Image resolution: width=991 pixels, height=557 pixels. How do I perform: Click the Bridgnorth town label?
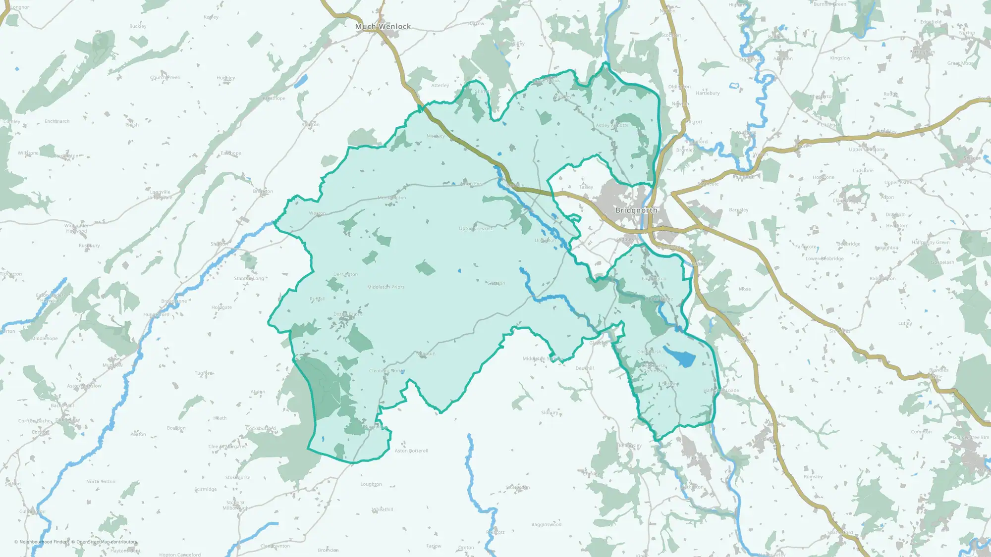click(x=636, y=210)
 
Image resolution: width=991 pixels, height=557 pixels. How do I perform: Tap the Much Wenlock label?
click(x=383, y=27)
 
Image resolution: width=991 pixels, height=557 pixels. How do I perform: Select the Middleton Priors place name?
click(x=385, y=287)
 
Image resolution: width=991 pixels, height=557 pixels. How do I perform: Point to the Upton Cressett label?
click(x=476, y=229)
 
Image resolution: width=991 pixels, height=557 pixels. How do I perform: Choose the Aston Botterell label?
click(x=411, y=451)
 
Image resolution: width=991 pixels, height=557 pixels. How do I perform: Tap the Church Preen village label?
click(x=165, y=78)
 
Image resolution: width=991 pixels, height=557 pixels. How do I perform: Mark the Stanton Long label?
click(x=249, y=279)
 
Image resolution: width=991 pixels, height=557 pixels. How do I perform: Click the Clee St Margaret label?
click(x=227, y=447)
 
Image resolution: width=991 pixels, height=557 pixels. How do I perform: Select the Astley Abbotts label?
click(x=611, y=126)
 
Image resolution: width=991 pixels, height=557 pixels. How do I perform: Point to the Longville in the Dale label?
click(x=160, y=195)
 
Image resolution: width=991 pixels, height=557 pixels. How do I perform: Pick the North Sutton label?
click(x=101, y=482)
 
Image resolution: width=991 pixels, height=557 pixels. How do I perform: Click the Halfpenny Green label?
click(x=931, y=243)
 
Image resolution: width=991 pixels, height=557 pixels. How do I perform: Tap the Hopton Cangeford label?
click(x=180, y=555)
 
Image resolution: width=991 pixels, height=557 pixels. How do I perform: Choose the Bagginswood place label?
click(x=546, y=525)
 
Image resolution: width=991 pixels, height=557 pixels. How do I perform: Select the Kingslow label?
click(x=840, y=58)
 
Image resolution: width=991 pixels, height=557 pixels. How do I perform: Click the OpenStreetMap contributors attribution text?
click(x=107, y=542)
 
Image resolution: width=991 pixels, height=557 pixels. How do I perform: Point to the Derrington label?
click(x=345, y=275)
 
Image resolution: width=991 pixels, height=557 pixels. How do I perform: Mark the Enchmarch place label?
click(x=57, y=121)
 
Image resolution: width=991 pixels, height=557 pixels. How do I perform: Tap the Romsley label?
click(x=813, y=477)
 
